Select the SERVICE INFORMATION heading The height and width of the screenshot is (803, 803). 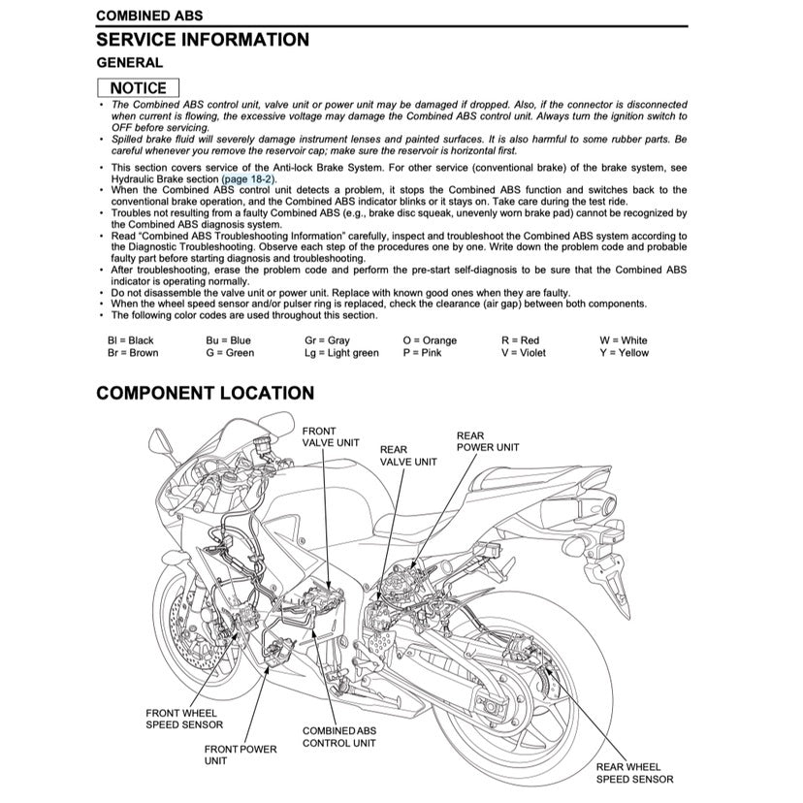pos(203,40)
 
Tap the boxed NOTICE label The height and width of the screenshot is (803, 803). pos(138,87)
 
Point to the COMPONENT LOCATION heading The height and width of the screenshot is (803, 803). pos(205,393)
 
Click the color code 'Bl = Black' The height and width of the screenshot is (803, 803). pos(131,340)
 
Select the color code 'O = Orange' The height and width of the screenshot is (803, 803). pos(430,340)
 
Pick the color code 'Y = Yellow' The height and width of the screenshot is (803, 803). pos(624,353)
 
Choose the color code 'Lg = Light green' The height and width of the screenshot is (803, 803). pos(341,353)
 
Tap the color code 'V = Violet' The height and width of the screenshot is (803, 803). pos(524,353)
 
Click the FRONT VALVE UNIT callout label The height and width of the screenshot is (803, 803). pos(331,436)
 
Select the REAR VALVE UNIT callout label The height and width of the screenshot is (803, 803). pos(407,456)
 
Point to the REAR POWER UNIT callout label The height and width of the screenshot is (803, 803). pos(487,441)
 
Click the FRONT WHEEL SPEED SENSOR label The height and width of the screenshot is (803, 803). pos(184,718)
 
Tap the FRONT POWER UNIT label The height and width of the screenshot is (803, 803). pos(240,755)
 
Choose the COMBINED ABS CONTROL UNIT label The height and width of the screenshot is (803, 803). pos(339,736)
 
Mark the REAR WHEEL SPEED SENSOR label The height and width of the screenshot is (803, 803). pos(634,772)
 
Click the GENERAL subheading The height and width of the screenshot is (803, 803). pos(129,63)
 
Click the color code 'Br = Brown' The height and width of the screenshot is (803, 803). pos(133,353)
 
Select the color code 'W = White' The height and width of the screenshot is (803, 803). pos(624,340)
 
